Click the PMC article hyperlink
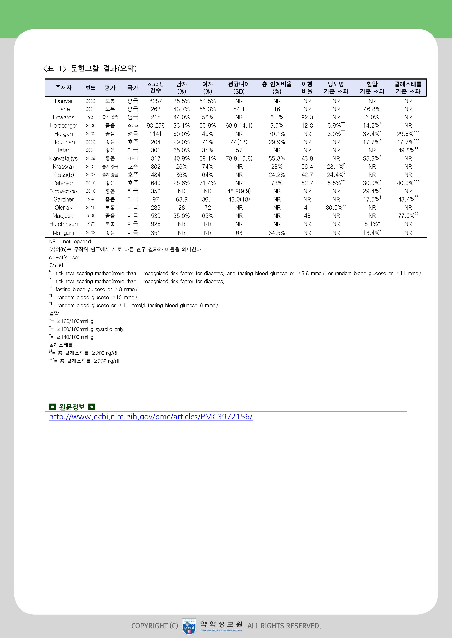coord(151,417)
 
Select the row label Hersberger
coord(63,126)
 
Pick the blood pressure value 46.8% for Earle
coord(372,109)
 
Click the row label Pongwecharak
coord(63,191)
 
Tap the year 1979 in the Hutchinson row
coord(90,224)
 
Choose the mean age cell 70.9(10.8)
coord(239,159)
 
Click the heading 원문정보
coord(72,407)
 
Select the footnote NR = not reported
coord(70,242)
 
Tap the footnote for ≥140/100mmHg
coord(71,337)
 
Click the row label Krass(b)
coord(63,175)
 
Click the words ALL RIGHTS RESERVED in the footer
coord(284,626)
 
